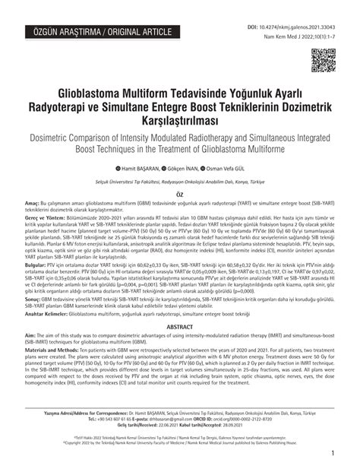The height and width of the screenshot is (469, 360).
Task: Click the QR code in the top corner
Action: click(324, 59)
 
